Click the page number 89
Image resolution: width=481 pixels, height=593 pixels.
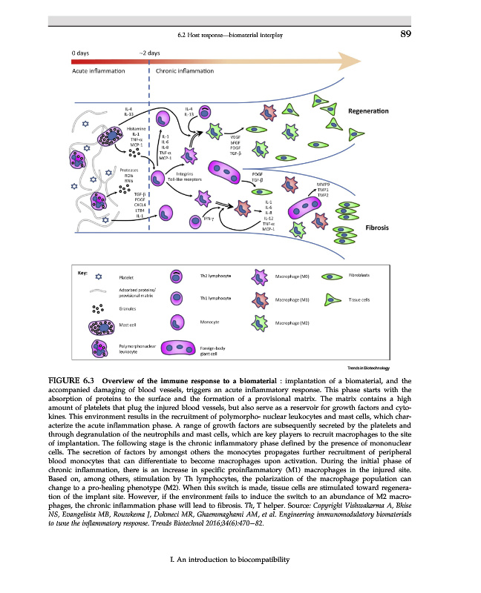[x=405, y=34]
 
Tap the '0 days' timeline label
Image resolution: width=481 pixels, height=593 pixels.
[x=82, y=53]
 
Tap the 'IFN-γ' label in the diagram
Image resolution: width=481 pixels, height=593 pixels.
[x=209, y=219]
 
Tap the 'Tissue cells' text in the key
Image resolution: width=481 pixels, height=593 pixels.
[x=362, y=299]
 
